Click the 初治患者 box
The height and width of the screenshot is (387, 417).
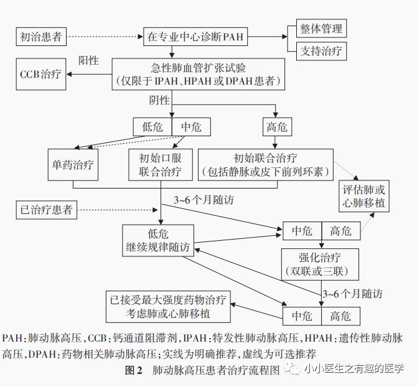[40, 37]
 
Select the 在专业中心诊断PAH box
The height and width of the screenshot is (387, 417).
[195, 37]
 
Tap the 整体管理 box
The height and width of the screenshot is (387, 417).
[321, 29]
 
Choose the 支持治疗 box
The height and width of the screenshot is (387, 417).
[321, 50]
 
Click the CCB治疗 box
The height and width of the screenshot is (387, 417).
[40, 73]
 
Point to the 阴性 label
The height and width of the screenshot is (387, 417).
[159, 100]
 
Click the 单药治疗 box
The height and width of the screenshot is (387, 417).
[73, 165]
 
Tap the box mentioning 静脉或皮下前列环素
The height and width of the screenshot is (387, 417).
[273, 165]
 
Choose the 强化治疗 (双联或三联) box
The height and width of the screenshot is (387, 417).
[321, 264]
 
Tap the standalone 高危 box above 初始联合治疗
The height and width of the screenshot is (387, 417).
[276, 127]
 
